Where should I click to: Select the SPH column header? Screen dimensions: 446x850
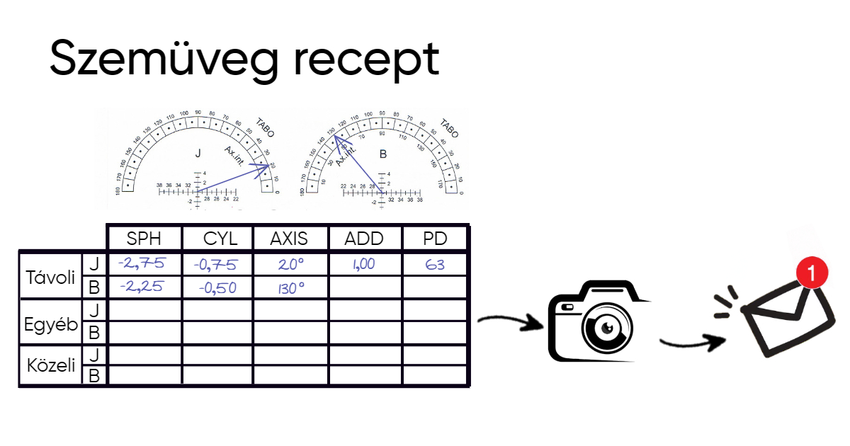click(x=144, y=238)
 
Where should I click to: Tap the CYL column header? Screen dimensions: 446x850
click(x=217, y=238)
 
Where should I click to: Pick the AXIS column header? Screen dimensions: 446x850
click(x=289, y=238)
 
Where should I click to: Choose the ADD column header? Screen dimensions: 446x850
click(x=363, y=238)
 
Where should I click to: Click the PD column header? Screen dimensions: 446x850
click(x=435, y=238)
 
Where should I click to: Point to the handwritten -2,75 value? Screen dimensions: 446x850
click(x=142, y=264)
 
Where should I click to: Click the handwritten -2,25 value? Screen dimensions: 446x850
click(x=142, y=287)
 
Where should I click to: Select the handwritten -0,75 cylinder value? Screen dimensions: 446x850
click(x=215, y=265)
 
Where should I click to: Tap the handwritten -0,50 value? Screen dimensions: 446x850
click(x=217, y=288)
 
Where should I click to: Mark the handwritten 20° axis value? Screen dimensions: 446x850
click(x=290, y=265)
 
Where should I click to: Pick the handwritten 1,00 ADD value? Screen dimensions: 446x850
click(x=363, y=264)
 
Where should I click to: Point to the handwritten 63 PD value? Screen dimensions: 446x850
click(x=435, y=265)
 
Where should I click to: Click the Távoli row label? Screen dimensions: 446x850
click(x=50, y=277)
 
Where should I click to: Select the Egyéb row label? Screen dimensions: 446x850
click(x=50, y=323)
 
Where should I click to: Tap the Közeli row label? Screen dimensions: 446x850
click(x=50, y=366)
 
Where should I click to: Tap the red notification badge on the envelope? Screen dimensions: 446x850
click(x=813, y=270)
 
